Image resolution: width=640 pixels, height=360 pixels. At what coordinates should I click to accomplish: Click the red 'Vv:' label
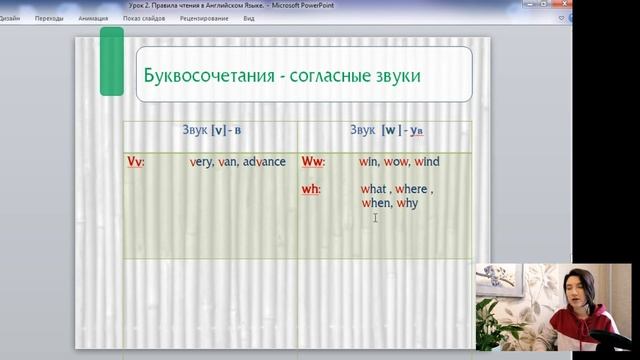click(136, 162)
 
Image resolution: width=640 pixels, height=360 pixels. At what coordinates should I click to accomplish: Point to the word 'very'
click(201, 162)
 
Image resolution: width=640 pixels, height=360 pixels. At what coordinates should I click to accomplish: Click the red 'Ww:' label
click(313, 162)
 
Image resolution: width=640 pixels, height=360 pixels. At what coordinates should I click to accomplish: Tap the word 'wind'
click(427, 162)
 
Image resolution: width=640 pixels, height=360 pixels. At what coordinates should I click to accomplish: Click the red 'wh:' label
click(311, 189)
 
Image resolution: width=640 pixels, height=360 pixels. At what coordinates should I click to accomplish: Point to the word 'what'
click(374, 189)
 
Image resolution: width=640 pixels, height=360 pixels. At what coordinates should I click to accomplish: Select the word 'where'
click(411, 189)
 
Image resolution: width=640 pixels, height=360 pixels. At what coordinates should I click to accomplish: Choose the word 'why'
click(407, 203)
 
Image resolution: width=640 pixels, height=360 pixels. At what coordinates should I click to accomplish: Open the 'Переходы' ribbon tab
click(48, 18)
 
